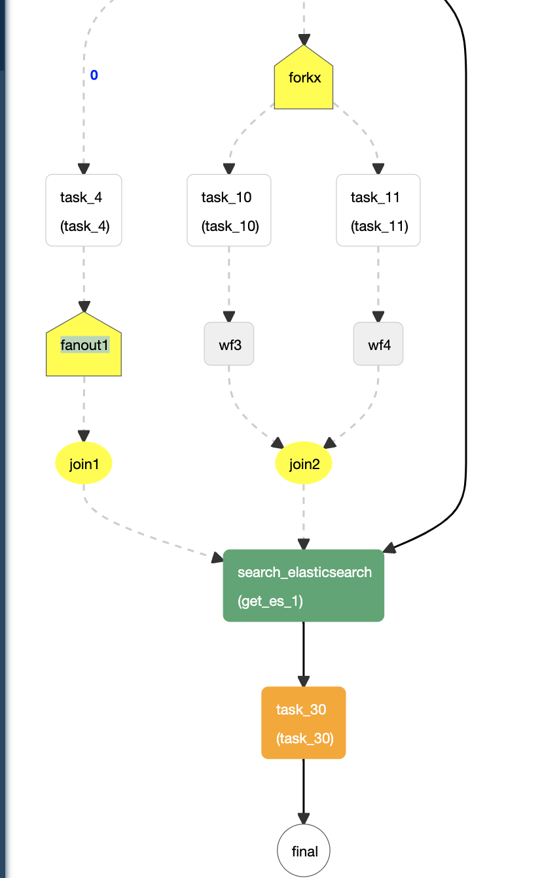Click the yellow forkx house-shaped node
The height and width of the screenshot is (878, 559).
(x=303, y=80)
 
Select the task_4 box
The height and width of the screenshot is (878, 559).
(x=84, y=210)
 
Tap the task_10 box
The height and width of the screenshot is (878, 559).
(x=228, y=210)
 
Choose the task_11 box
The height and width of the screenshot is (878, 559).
(x=378, y=210)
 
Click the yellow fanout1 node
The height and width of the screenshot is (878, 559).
(x=84, y=347)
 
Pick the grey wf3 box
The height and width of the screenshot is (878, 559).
(x=228, y=344)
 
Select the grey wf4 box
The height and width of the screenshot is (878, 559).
(x=378, y=344)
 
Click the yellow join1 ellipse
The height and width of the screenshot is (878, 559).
(x=84, y=464)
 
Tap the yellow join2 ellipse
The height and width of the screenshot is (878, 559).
(x=303, y=464)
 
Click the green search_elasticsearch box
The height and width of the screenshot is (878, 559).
(x=303, y=586)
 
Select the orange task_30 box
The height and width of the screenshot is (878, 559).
(x=303, y=723)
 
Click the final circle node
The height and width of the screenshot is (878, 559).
(x=303, y=851)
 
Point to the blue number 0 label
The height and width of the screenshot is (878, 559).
(x=94, y=75)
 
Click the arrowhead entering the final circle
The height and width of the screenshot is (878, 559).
(x=303, y=818)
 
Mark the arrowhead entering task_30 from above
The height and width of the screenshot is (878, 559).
(x=303, y=680)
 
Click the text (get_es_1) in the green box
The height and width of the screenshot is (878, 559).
(x=270, y=601)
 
